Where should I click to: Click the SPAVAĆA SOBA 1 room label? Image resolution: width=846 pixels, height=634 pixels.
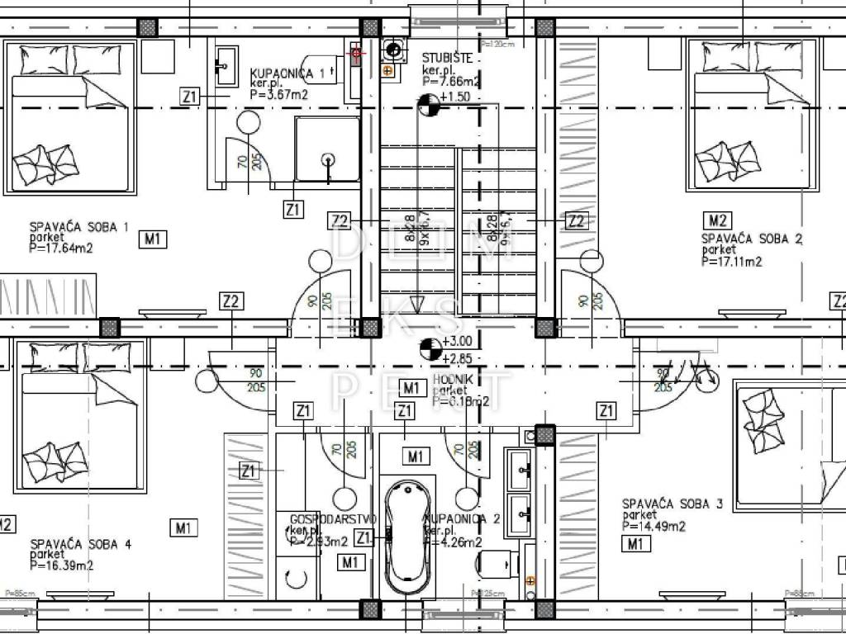pyautogui.click(x=79, y=226)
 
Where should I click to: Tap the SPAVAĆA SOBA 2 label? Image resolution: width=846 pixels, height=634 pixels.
pyautogui.click(x=752, y=239)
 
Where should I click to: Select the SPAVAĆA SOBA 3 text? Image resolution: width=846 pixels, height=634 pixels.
pyautogui.click(x=673, y=503)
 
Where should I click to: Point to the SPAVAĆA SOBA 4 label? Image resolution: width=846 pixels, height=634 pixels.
pyautogui.click(x=80, y=544)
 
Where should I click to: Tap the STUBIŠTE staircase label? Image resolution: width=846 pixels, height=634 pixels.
pyautogui.click(x=447, y=58)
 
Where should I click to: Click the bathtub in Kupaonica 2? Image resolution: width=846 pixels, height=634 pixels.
pyautogui.click(x=407, y=536)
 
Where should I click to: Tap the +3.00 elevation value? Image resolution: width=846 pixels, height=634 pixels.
pyautogui.click(x=457, y=341)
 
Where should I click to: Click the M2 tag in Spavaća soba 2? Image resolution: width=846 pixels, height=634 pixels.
pyautogui.click(x=717, y=220)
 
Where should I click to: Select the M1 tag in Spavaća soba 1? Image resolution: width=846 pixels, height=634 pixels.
pyautogui.click(x=154, y=239)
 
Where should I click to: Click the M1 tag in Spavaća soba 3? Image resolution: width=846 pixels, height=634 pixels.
pyautogui.click(x=634, y=543)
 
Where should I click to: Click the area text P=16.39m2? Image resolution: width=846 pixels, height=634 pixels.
pyautogui.click(x=62, y=566)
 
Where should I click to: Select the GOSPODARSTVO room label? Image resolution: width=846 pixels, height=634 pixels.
pyautogui.click(x=333, y=518)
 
